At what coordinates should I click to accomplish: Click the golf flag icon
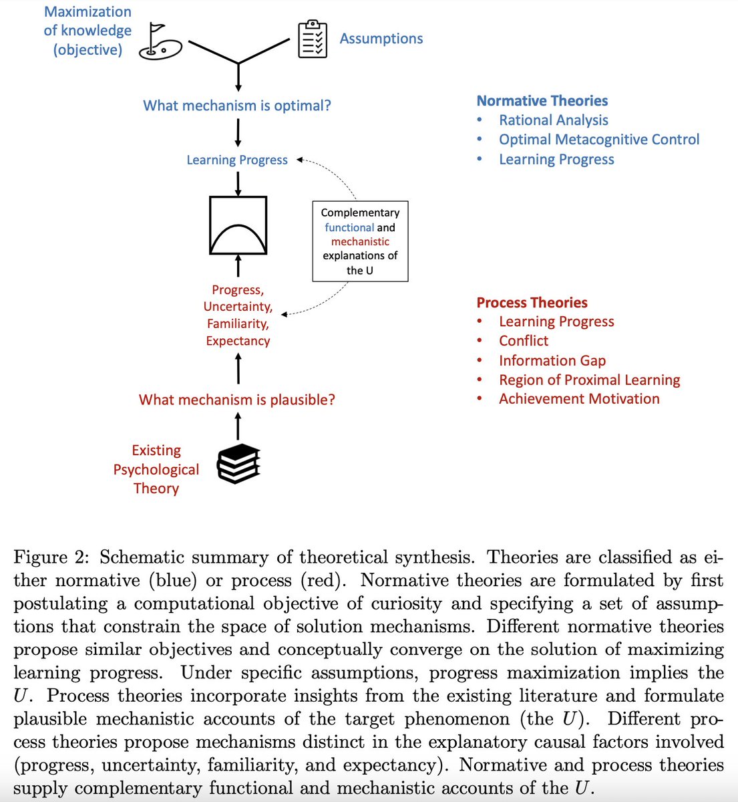(160, 42)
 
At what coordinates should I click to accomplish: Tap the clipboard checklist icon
(312, 39)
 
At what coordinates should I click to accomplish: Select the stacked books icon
(238, 463)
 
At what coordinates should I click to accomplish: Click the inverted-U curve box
(238, 225)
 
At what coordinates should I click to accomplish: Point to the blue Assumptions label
(381, 39)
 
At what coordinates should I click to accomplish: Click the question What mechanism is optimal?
(237, 106)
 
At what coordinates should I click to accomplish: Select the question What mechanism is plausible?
(237, 400)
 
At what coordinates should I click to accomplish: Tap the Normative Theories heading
(542, 101)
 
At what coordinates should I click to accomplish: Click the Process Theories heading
(532, 303)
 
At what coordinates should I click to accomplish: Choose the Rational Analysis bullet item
(553, 120)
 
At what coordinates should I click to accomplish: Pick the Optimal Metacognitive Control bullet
(598, 140)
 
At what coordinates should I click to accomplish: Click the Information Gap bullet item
(552, 361)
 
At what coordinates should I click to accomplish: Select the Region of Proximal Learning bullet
(589, 380)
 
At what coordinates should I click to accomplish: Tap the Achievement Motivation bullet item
(578, 399)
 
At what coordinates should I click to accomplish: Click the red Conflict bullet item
(523, 341)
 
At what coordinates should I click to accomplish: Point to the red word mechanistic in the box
(360, 241)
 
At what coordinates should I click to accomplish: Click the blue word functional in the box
(349, 227)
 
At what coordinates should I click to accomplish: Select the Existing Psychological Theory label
(156, 469)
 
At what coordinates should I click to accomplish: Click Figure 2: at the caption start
(53, 557)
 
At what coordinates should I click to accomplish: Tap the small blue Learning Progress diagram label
(237, 160)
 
